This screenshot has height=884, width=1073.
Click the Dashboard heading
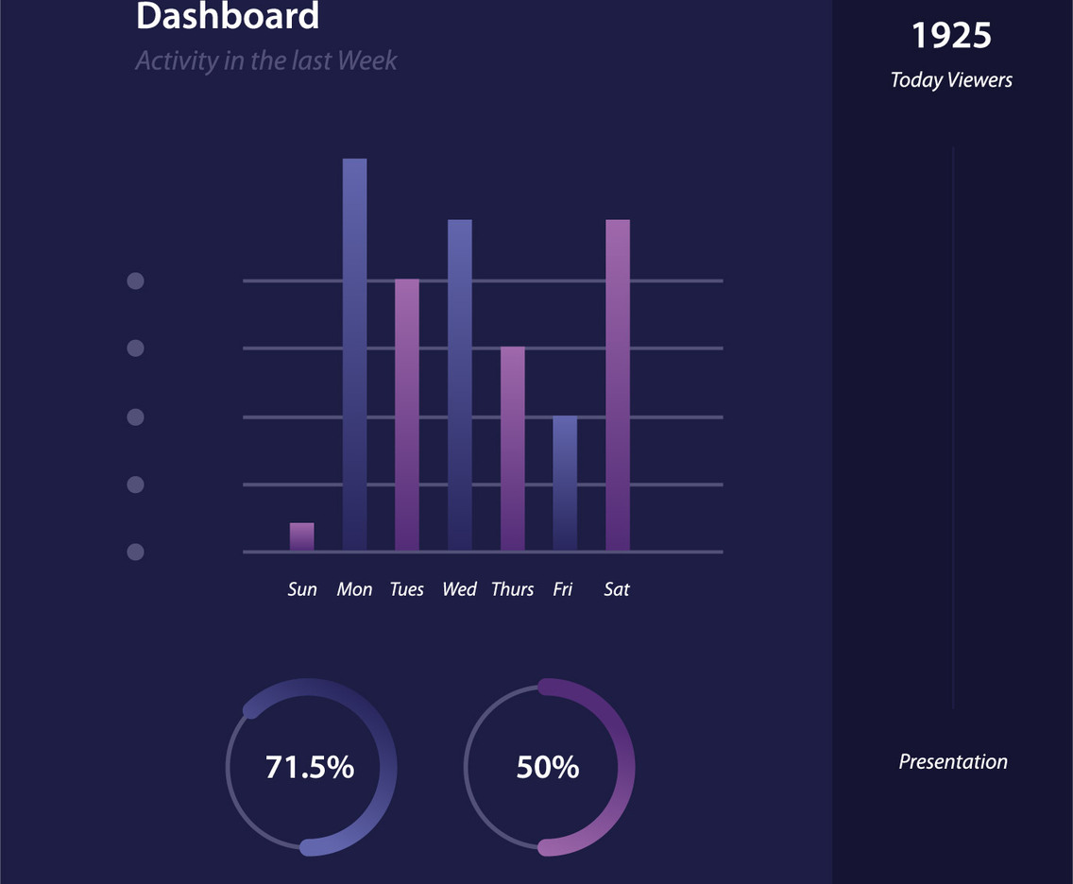tap(228, 17)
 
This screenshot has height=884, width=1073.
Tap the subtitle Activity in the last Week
tap(266, 61)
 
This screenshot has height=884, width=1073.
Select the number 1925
tap(951, 36)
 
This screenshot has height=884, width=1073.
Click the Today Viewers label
tap(951, 80)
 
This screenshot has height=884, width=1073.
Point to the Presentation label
tap(952, 762)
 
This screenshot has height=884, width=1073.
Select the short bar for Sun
tap(301, 536)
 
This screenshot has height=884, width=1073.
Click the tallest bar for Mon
tap(354, 354)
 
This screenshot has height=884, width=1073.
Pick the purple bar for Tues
tap(406, 416)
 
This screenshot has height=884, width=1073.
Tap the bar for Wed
tap(459, 385)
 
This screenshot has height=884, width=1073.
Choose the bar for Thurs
tap(512, 449)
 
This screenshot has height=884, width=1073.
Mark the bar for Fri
tap(564, 484)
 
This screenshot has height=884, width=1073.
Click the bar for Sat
tap(617, 385)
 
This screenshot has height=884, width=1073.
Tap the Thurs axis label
tap(512, 589)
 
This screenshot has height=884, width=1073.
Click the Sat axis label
tap(616, 589)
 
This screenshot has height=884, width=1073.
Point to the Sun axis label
tap(302, 589)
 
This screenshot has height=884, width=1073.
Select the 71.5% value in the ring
tap(310, 767)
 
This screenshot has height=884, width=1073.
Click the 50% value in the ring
tap(548, 767)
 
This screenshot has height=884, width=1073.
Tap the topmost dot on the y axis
tap(135, 280)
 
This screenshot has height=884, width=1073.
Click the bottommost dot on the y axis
tap(135, 552)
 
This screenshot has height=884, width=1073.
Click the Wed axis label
tap(459, 589)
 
